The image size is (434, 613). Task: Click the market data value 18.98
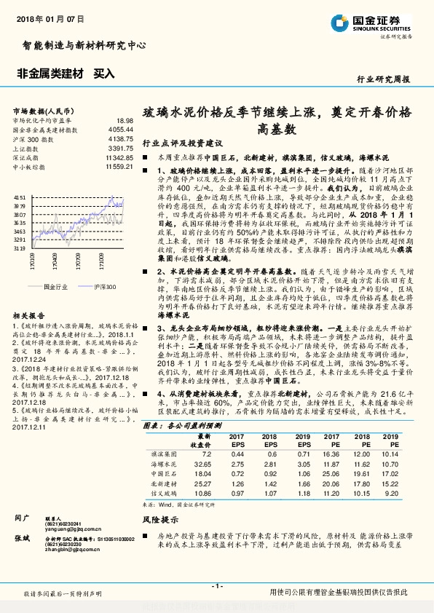click(x=124, y=120)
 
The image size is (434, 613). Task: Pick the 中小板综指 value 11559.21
click(x=119, y=167)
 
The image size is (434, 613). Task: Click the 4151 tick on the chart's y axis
click(x=20, y=197)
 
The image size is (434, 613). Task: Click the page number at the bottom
click(x=216, y=586)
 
